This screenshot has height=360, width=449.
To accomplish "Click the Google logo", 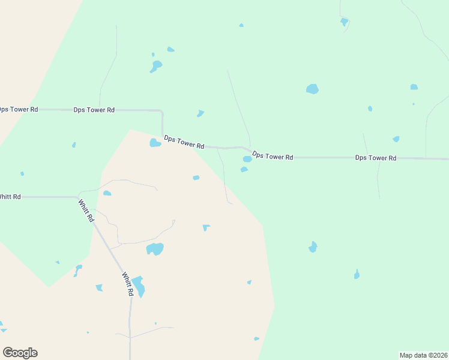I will pyautogui.click(x=20, y=353).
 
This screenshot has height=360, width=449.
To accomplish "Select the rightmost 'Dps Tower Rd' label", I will pyautogui.click(x=376, y=158).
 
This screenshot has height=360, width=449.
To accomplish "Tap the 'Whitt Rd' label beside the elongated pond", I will pyautogui.click(x=127, y=284).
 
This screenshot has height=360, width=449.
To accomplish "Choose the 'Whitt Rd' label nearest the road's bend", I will pyautogui.click(x=86, y=211).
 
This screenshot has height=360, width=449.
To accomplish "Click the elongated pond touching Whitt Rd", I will pyautogui.click(x=139, y=287).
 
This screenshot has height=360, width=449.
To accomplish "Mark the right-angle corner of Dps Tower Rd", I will pyautogui.click(x=162, y=111).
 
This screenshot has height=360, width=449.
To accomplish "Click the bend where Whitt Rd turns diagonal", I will pyautogui.click(x=79, y=197).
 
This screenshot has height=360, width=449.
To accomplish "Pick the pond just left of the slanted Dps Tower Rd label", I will pyautogui.click(x=155, y=143).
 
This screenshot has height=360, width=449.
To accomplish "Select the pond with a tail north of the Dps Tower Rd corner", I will pyautogui.click(x=156, y=65).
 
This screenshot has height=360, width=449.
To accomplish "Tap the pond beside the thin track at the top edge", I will pyautogui.click(x=344, y=22).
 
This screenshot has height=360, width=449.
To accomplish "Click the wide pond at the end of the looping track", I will pyautogui.click(x=155, y=248).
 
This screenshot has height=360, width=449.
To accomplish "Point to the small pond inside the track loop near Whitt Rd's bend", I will pyautogui.click(x=107, y=193).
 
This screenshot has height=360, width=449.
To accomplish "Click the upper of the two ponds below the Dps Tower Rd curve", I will pyautogui.click(x=247, y=159).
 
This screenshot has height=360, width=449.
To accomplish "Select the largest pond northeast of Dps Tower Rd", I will pyautogui.click(x=312, y=89).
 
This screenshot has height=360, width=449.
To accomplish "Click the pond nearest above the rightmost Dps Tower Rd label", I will pyautogui.click(x=396, y=139).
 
